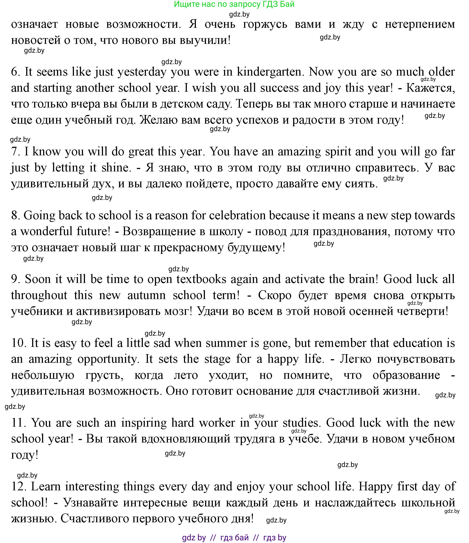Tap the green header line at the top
[234, 4]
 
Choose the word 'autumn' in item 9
[147, 295]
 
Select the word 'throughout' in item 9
[39, 295]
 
